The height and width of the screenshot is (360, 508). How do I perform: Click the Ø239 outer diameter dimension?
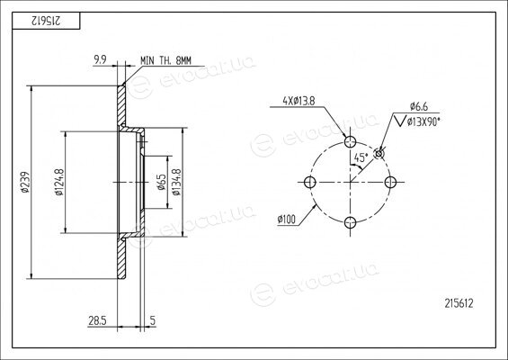coord(25,183)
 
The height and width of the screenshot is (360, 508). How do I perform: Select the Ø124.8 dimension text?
coord(59,183)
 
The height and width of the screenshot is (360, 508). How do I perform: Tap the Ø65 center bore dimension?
coord(162,183)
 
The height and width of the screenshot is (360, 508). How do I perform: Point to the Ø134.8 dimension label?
coord(176,183)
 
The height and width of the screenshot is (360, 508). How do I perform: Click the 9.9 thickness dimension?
coord(100,59)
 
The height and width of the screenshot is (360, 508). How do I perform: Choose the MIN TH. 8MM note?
coord(165,60)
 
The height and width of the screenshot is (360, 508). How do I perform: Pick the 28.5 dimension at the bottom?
coord(97,320)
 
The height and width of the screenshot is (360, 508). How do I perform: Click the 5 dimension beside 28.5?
coord(153,320)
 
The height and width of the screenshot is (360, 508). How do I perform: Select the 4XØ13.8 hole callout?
coord(299,101)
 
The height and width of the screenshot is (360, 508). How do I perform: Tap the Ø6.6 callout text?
coord(419,106)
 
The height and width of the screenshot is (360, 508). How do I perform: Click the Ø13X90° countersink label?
coord(423,121)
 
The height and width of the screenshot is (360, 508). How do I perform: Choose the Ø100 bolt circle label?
coord(287,220)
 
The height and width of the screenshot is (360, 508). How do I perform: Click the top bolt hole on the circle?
coord(351,141)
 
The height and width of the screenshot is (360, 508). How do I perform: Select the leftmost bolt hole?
coord(310,182)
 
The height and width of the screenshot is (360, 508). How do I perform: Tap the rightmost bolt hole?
coord(390,182)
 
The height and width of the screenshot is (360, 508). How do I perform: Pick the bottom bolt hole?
coord(351,222)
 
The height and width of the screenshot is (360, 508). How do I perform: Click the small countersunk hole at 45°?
coord(379,153)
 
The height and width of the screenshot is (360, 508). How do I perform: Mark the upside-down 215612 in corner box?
coord(46,21)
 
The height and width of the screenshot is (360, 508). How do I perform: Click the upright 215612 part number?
coord(459,303)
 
